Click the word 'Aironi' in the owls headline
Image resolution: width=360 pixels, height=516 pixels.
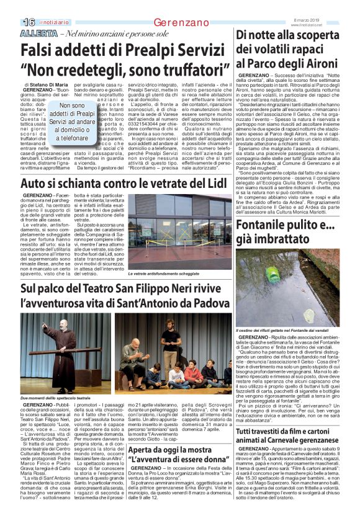coord(325,63)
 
